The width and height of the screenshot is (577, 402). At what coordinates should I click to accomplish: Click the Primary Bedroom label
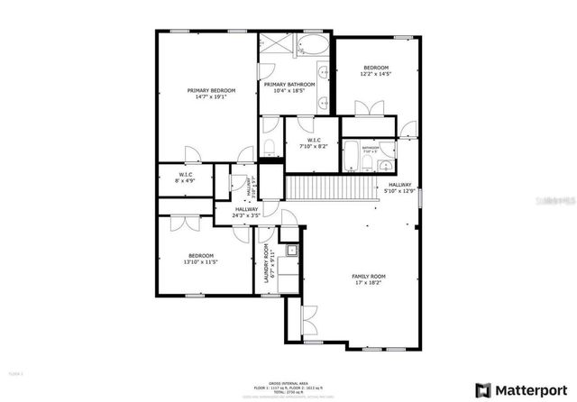pos(211,90)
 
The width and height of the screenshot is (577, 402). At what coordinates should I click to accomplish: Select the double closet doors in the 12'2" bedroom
pos(367,110)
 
